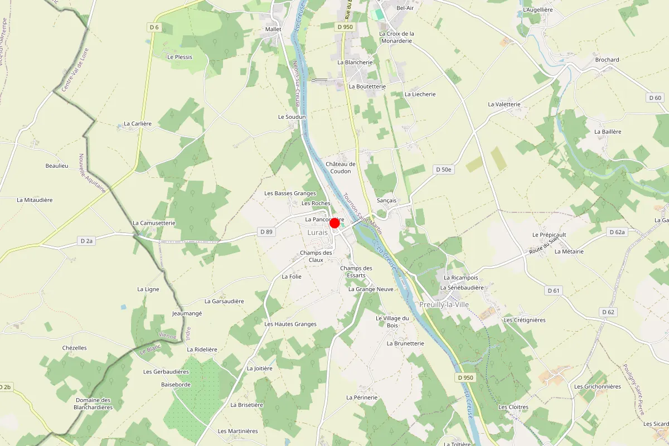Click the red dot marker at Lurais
334,223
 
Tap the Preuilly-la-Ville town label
444,304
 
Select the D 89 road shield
266,232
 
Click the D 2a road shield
86,241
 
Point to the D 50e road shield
444,169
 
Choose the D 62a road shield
617,232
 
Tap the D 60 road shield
656,98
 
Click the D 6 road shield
154,27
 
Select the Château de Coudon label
341,167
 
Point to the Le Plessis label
180,57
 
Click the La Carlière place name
138,124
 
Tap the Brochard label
607,60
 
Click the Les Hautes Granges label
290,324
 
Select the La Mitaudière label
35,200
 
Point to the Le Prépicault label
549,235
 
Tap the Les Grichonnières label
598,386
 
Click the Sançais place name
386,200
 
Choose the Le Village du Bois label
392,322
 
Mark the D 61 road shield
553,290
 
